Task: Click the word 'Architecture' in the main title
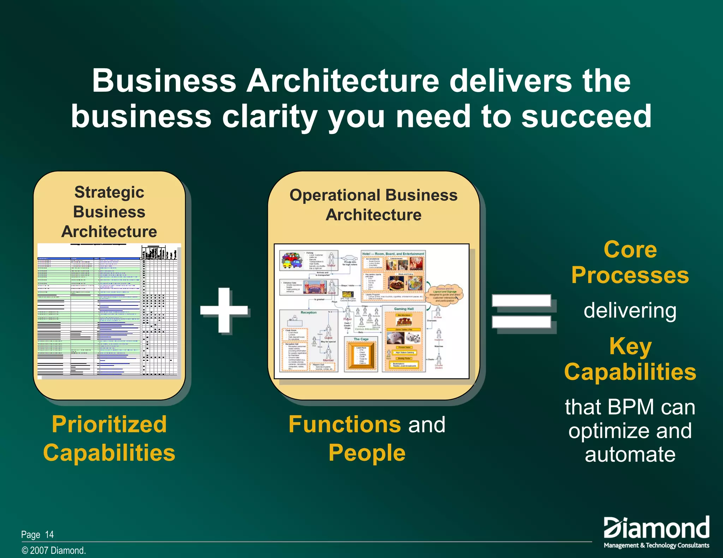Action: pyautogui.click(x=342, y=81)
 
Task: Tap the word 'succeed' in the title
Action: pyautogui.click(x=586, y=116)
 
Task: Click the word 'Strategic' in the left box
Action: pyautogui.click(x=109, y=193)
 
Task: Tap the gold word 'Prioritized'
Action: pyautogui.click(x=109, y=424)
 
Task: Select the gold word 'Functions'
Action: pyautogui.click(x=345, y=424)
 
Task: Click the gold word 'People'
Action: pyautogui.click(x=367, y=453)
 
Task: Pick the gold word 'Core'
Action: pyautogui.click(x=630, y=249)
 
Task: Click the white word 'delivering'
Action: pyautogui.click(x=630, y=310)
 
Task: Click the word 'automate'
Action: pyautogui.click(x=630, y=454)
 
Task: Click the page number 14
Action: pyautogui.click(x=49, y=535)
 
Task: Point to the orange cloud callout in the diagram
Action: pyautogui.click(x=445, y=295)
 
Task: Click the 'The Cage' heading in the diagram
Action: pyautogui.click(x=361, y=339)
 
